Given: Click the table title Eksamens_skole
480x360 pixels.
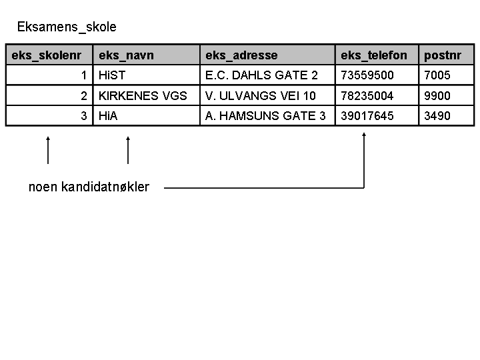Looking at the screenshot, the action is point(67,27).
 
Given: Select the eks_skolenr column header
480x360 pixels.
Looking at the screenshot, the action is point(47,55).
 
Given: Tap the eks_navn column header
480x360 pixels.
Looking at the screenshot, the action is point(126,55).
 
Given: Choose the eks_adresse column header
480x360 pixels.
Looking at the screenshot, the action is point(241,55).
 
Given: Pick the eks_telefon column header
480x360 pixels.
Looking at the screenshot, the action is point(374,55).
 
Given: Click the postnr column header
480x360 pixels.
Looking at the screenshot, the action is point(443,55).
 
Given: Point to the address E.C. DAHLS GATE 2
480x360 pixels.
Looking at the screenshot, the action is point(261,75).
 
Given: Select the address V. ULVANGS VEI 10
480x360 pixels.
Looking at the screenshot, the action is point(260,96).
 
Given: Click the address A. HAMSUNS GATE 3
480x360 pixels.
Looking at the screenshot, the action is point(265,116).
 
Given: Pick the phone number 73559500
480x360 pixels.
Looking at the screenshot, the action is point(367,75).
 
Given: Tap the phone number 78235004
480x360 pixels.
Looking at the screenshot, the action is point(367,96).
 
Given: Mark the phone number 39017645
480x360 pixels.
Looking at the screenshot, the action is point(367,116).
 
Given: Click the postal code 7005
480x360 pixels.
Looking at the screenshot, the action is point(437,75).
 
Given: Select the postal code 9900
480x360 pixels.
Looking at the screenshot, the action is point(437,96).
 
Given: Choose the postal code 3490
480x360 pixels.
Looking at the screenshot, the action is point(437,116).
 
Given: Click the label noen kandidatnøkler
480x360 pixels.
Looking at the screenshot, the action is point(89,187).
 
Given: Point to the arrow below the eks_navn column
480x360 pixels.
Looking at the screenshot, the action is point(128,150).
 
